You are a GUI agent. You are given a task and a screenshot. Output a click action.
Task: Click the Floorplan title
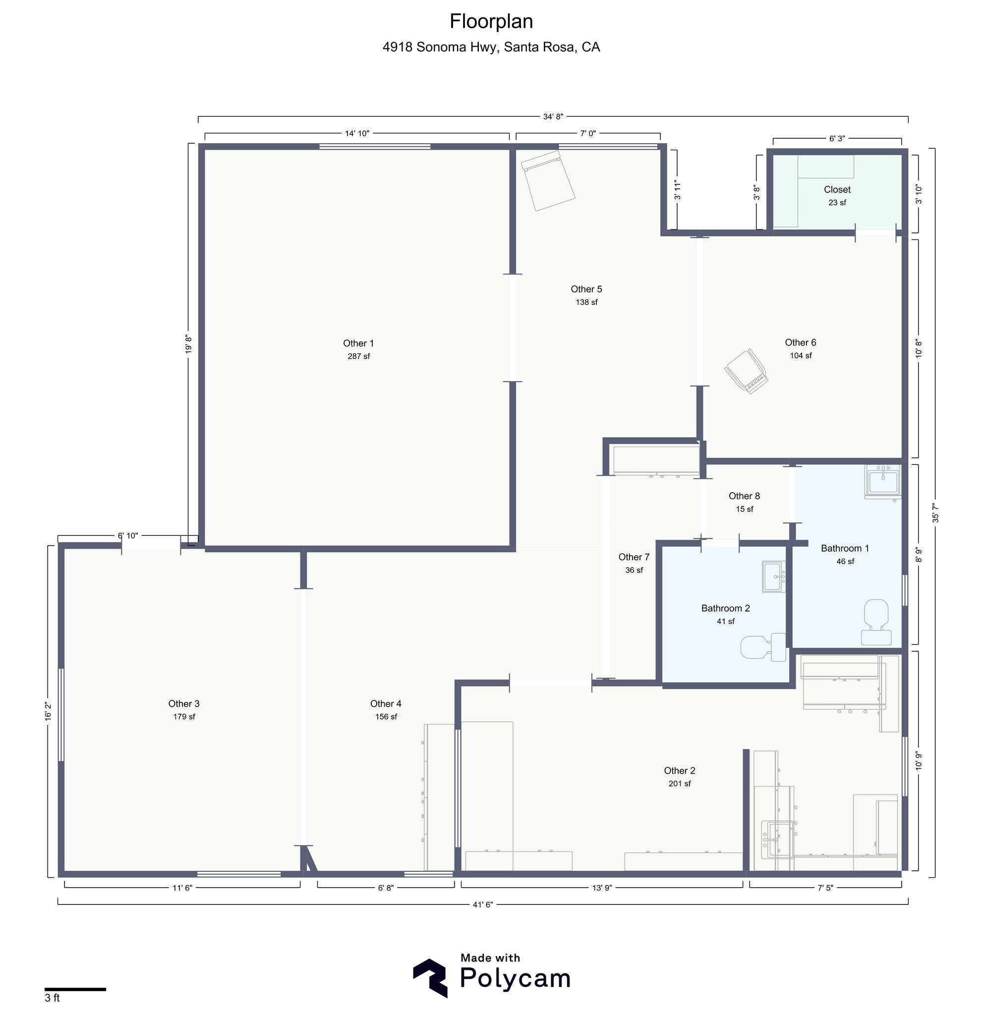click(x=491, y=22)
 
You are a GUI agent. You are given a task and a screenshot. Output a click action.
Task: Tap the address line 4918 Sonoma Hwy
click(x=491, y=47)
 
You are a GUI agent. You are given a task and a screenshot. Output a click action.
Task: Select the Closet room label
click(x=837, y=189)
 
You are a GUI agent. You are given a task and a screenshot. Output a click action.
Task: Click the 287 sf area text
click(x=358, y=356)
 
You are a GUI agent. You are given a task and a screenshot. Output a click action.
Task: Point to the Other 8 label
click(x=744, y=496)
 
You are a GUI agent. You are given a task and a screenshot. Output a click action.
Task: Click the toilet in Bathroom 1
click(x=876, y=621)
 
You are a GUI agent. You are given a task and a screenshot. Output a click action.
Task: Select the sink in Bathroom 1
click(x=882, y=481)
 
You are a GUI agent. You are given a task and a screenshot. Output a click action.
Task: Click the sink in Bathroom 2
click(x=774, y=577)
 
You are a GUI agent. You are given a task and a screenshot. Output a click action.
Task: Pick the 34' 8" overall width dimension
click(x=553, y=117)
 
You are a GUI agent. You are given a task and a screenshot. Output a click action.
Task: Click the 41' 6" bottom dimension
click(x=483, y=904)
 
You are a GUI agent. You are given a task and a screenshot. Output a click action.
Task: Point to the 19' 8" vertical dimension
click(x=188, y=344)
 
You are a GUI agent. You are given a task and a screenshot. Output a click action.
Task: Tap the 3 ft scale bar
click(x=75, y=990)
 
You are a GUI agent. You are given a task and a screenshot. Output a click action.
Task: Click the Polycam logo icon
click(x=430, y=978)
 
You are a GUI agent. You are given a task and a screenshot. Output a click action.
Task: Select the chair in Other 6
click(x=747, y=371)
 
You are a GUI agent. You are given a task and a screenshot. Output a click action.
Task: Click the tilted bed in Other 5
click(x=548, y=181)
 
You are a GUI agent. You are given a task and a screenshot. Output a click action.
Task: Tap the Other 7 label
click(x=634, y=557)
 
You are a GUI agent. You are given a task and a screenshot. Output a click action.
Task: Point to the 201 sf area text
click(x=679, y=784)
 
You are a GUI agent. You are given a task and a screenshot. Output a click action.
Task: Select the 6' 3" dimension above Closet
click(x=837, y=139)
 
